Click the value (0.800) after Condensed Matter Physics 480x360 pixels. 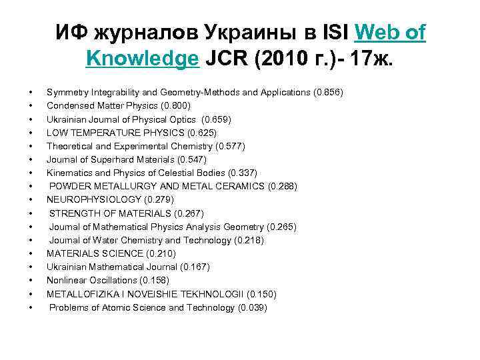click(176, 105)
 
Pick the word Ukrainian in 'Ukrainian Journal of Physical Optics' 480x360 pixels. click(65, 119)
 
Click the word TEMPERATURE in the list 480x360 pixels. click(102, 132)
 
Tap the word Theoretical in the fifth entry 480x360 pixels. click(68, 145)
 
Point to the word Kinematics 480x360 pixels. click(69, 173)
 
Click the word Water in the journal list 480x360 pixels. click(112, 240)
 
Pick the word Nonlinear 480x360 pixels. click(65, 280)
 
